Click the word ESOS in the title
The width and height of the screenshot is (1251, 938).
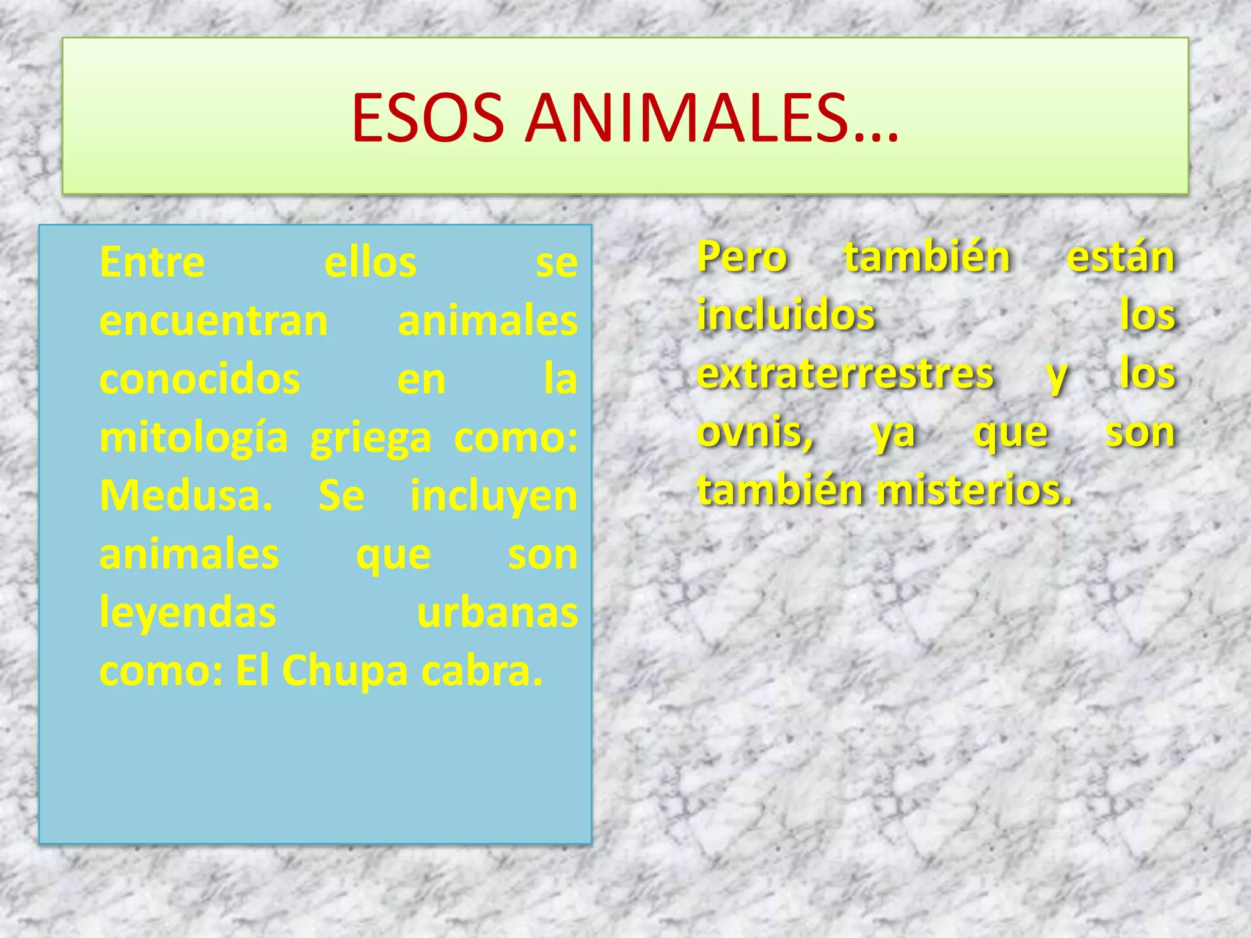coord(428,118)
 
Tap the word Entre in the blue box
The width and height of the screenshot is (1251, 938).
coord(152,263)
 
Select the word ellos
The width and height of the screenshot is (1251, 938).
coord(370,263)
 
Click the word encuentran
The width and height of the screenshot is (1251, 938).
coord(214,321)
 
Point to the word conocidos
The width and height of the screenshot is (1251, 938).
coord(200,379)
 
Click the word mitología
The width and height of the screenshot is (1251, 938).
coord(194,438)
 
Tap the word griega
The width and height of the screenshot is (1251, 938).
coord(371,438)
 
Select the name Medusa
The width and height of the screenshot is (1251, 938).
coord(186,495)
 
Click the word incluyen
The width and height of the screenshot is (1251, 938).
coord(494,495)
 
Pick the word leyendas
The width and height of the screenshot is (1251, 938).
coord(188,613)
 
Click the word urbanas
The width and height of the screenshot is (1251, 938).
coord(497,613)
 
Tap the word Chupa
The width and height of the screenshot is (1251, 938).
coord(345,671)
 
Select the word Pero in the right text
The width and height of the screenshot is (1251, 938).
coord(742,257)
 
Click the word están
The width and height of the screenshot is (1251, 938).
coord(1121,257)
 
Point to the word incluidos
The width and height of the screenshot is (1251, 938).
coord(787,315)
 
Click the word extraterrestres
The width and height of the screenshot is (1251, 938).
coord(846,373)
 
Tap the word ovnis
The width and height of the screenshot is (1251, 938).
coord(755,432)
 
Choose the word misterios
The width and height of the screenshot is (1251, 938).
coord(975,490)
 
